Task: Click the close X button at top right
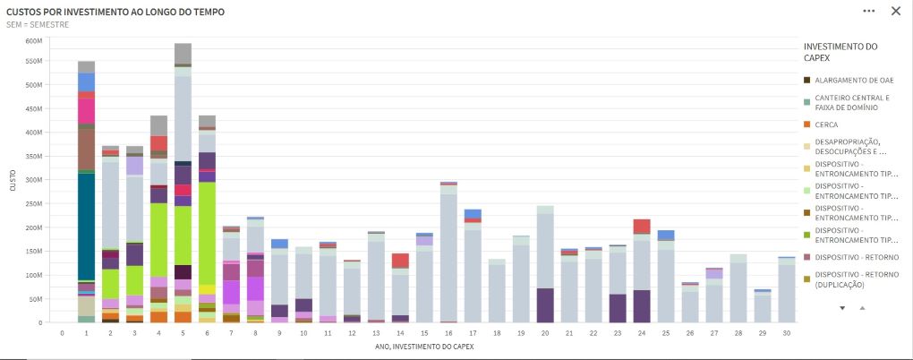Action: (x=896, y=11)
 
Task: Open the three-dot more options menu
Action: (x=868, y=11)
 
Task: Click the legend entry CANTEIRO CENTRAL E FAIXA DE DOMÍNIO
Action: (x=851, y=102)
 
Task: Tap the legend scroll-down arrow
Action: (x=842, y=307)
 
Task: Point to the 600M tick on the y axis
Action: (x=34, y=41)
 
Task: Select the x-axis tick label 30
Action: (x=786, y=332)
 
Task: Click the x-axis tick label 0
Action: (x=62, y=332)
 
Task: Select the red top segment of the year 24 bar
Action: (x=641, y=226)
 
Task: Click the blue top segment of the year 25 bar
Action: (x=665, y=236)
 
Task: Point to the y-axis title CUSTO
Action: (x=13, y=181)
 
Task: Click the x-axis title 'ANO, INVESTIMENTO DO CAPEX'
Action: (x=422, y=346)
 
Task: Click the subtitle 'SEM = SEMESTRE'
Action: (x=38, y=25)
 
